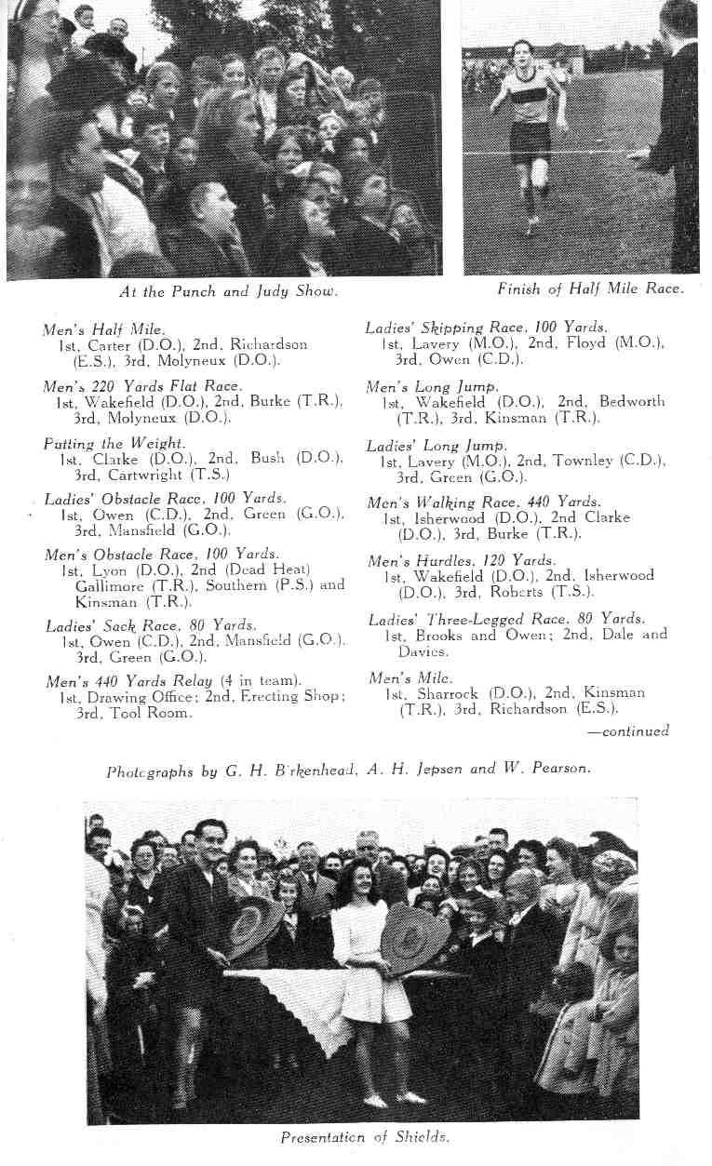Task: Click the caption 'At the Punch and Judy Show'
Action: click(x=228, y=291)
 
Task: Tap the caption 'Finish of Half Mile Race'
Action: click(x=590, y=289)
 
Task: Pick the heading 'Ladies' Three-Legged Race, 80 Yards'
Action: click(x=505, y=619)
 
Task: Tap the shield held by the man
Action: click(x=253, y=926)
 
